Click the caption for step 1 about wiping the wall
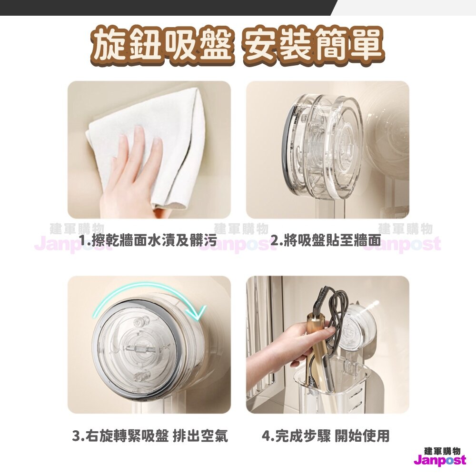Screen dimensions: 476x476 click(x=148, y=241)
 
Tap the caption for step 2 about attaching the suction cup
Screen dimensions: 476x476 click(x=325, y=241)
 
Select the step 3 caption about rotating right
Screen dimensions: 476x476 click(x=150, y=436)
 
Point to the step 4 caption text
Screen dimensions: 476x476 click(x=326, y=436)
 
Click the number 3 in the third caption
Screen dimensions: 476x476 click(x=76, y=436)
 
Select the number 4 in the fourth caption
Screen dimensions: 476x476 click(x=266, y=436)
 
